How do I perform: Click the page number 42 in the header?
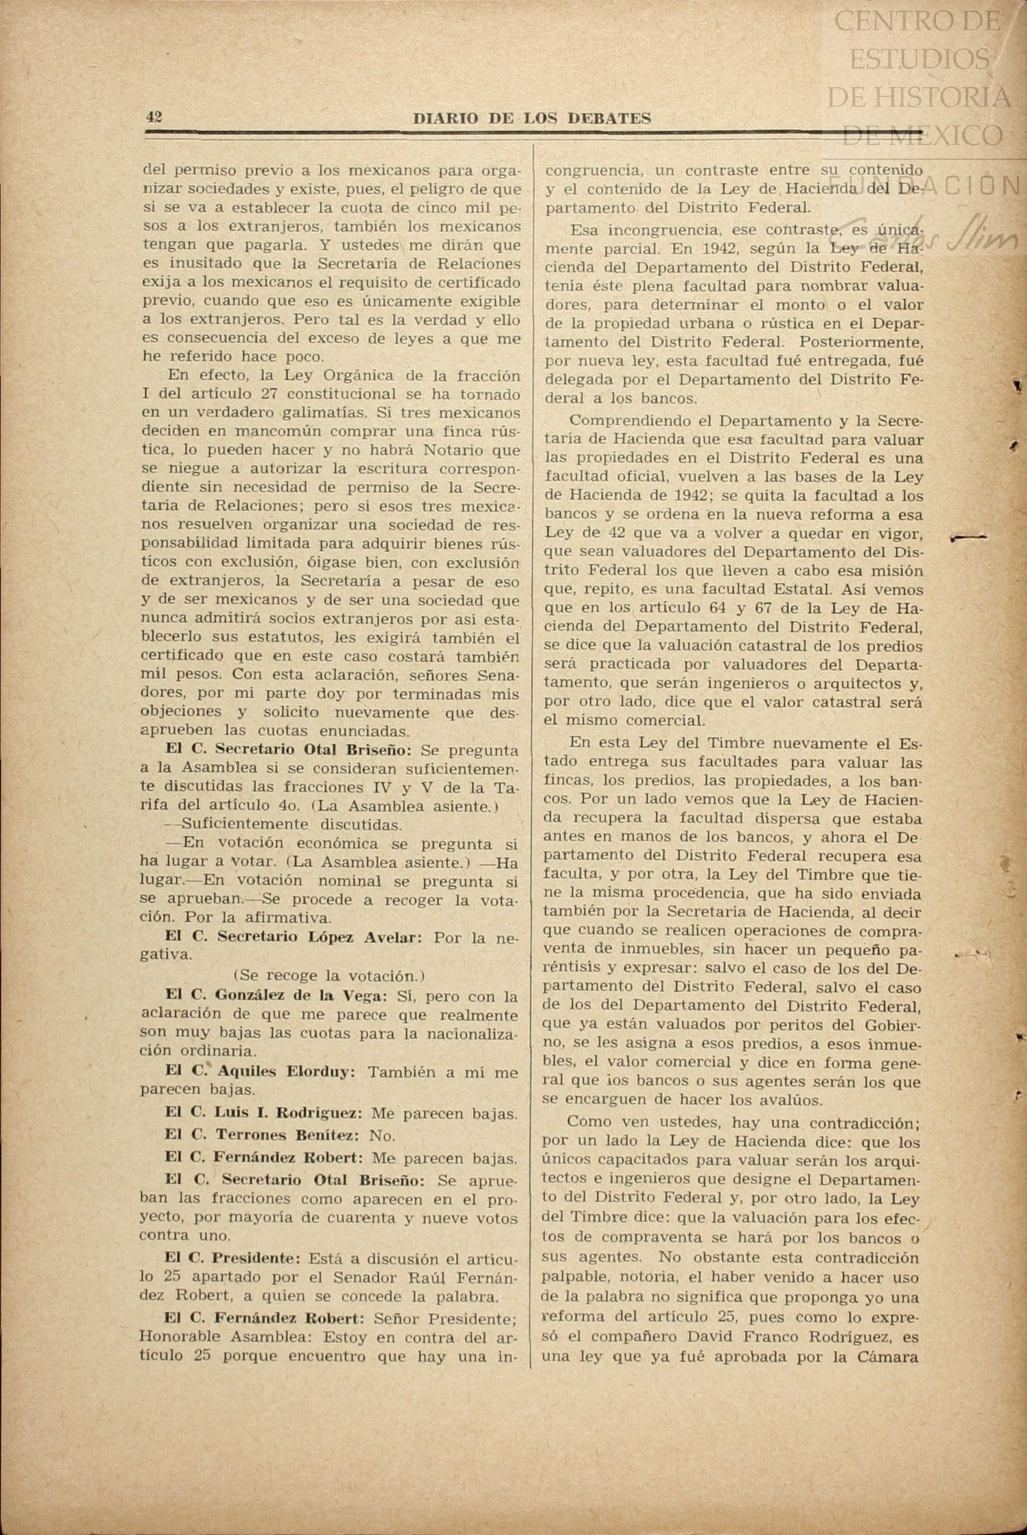click(x=153, y=117)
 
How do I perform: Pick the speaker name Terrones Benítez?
click(x=286, y=1135)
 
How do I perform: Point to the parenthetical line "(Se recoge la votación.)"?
click(x=330, y=976)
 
